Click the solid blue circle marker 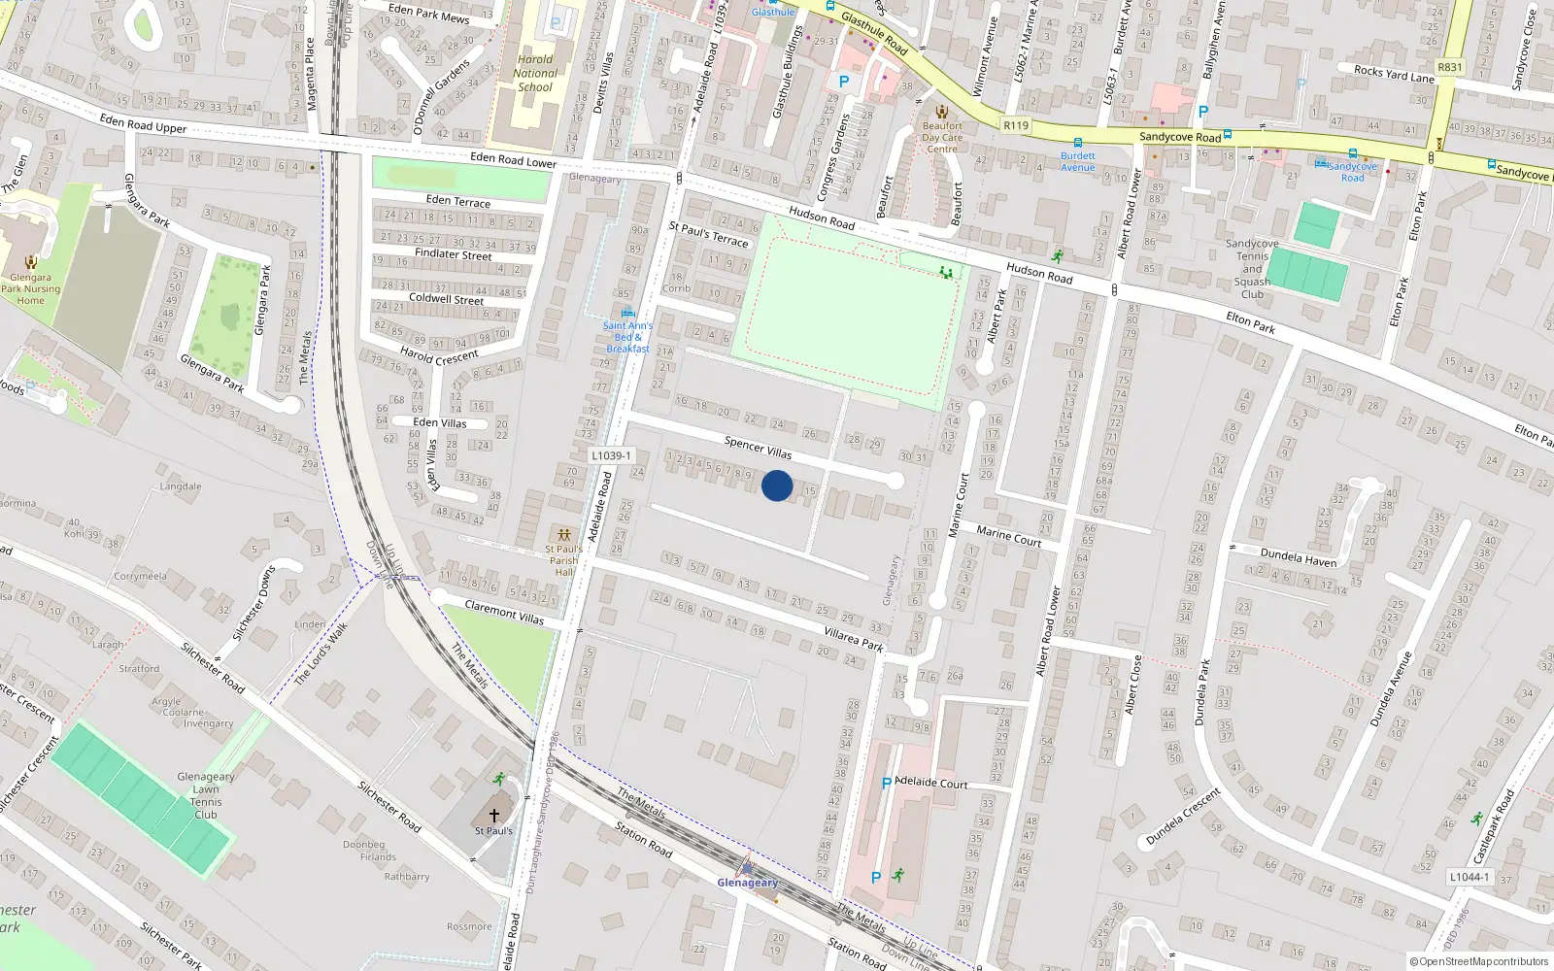[x=777, y=485]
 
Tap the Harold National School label [x=535, y=73]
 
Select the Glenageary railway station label [x=747, y=883]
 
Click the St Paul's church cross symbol [x=494, y=816]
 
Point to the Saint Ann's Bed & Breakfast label [x=627, y=337]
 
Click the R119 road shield [x=1016, y=125]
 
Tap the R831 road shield [x=1449, y=67]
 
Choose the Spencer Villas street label [x=758, y=448]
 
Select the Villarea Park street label [x=854, y=637]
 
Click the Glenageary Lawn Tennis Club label [x=206, y=795]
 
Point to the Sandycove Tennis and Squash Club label [x=1252, y=269]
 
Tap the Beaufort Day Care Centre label [x=942, y=137]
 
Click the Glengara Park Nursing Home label [x=30, y=288]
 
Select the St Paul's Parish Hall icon [x=563, y=535]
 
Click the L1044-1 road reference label [x=1468, y=877]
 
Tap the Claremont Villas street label [x=504, y=612]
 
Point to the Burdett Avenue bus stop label [x=1077, y=161]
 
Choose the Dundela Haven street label [x=1298, y=557]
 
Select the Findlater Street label [x=453, y=254]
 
